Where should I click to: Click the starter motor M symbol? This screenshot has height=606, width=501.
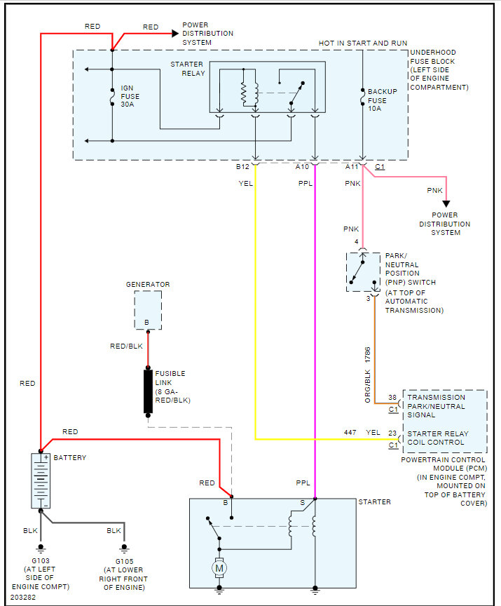[x=219, y=567]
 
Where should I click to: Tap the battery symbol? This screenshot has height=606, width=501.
[x=41, y=480]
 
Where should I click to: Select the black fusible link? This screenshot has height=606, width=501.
[x=149, y=391]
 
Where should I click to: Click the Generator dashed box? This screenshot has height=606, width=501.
[x=148, y=310]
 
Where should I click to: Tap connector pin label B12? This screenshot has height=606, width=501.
[x=242, y=167]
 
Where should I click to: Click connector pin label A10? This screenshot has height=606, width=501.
[x=302, y=167]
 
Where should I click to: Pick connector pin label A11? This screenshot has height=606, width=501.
[x=352, y=167]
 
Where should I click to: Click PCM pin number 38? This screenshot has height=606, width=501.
[x=393, y=398]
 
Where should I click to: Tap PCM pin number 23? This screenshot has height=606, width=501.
[x=393, y=433]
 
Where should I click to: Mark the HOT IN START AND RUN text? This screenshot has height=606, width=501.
[x=363, y=43]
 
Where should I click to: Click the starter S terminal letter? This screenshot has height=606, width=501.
[x=302, y=502]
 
